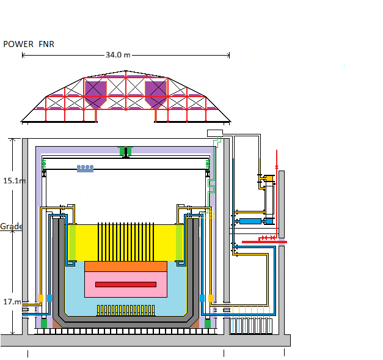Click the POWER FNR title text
pyautogui.click(x=29, y=44)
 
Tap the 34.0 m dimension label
pyautogui.click(x=118, y=55)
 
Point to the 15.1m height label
pyautogui.click(x=14, y=181)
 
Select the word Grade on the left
pyautogui.click(x=11, y=226)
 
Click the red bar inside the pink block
pyautogui.click(x=126, y=284)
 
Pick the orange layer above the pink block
pyautogui.click(x=126, y=266)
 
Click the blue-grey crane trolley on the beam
pyautogui.click(x=86, y=169)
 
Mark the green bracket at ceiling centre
pyautogui.click(x=126, y=151)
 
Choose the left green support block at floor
pyautogui.click(x=44, y=323)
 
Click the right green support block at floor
pyautogui.click(x=208, y=323)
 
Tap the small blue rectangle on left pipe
pyautogui.click(x=49, y=298)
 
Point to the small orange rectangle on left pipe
pyautogui.click(x=41, y=298)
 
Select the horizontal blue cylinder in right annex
pyautogui.click(x=250, y=221)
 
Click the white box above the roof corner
pyautogui.click(x=215, y=133)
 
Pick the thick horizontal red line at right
pyautogui.click(x=264, y=242)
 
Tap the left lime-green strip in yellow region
pyautogui.click(x=72, y=243)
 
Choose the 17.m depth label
pyautogui.click(x=12, y=302)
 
